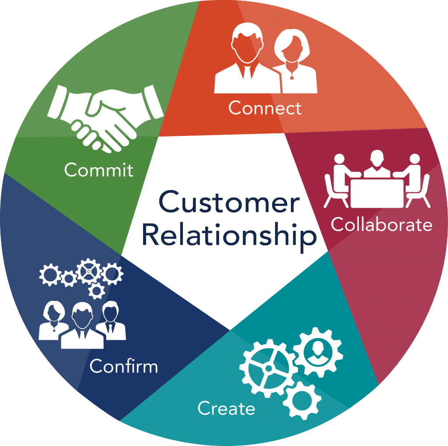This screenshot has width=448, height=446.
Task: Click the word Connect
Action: (x=265, y=108)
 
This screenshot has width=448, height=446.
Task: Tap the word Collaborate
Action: (x=381, y=224)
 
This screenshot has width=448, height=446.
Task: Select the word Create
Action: (x=226, y=408)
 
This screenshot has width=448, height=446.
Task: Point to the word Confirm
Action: (x=124, y=366)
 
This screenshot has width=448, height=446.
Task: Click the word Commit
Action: (x=99, y=170)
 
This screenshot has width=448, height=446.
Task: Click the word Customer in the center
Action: (x=229, y=202)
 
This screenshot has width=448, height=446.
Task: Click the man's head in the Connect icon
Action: (x=248, y=43)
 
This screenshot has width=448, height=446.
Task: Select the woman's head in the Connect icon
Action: (x=292, y=45)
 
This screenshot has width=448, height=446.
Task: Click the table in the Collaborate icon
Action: (x=377, y=193)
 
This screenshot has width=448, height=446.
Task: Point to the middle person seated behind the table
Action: (x=377, y=164)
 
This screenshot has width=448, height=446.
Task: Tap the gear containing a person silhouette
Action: (x=318, y=352)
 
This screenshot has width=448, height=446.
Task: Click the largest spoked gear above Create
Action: (x=268, y=368)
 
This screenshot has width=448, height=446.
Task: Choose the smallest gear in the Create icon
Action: (x=302, y=401)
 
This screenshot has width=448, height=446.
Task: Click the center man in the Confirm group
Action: (x=82, y=325)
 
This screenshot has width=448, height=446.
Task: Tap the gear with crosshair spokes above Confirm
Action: (x=88, y=271)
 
